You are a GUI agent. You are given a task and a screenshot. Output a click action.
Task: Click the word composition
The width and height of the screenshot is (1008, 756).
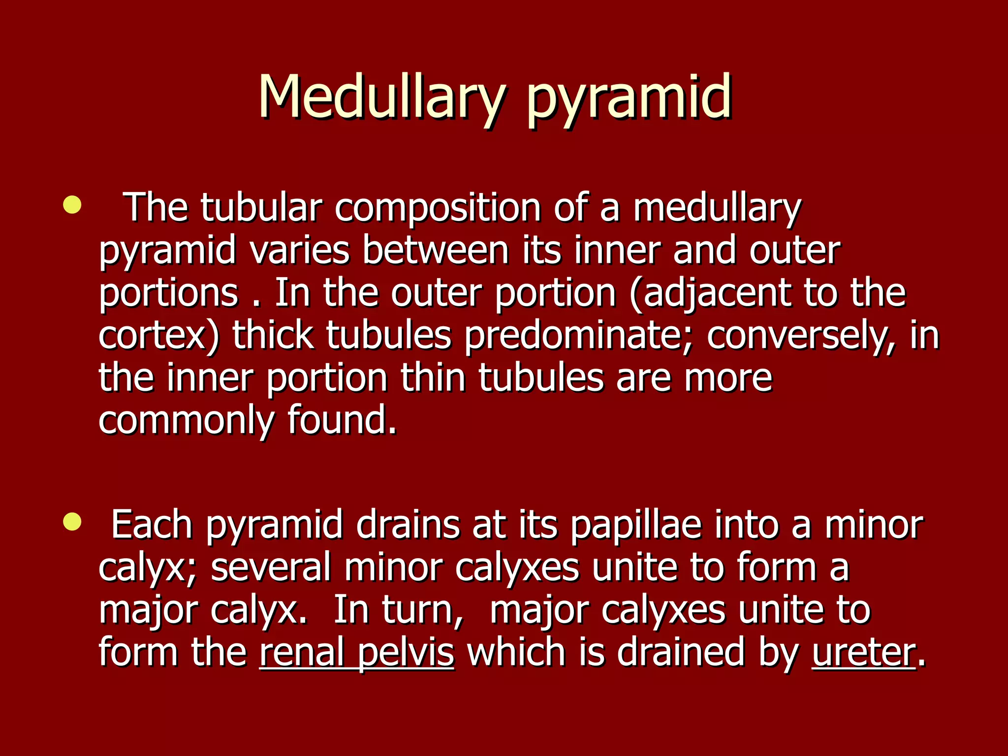pos(438,209)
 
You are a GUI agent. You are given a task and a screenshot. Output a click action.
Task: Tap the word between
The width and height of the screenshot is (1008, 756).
pos(436,251)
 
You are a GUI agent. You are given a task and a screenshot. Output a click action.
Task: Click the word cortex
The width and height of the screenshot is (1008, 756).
pos(153,336)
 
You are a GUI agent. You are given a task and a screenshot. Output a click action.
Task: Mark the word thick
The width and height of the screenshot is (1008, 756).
pos(273,336)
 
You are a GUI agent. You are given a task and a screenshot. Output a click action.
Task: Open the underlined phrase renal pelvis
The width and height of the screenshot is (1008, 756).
pos(356,654)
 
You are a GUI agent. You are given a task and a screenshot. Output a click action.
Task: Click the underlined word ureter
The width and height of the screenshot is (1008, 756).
pos(864,653)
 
